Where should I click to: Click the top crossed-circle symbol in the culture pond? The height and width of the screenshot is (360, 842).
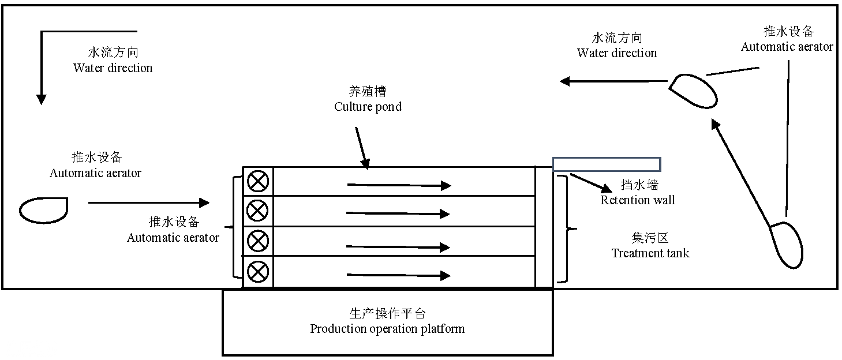point(258,182)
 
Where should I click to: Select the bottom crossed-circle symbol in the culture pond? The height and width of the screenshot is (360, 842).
point(258,271)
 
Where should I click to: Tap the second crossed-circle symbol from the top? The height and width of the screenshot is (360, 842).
point(258,211)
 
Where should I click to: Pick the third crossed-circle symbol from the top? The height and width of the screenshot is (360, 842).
point(258,241)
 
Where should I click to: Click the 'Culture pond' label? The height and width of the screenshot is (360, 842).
point(368,107)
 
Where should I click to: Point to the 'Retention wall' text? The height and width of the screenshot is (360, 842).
point(637,200)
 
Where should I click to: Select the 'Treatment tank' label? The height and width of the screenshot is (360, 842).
point(650,253)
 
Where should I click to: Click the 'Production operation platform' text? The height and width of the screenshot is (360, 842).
point(387,329)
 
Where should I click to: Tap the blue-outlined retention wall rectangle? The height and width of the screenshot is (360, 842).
point(607,164)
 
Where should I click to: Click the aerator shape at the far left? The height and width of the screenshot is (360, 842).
point(44,210)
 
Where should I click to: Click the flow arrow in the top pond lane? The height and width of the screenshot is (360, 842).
point(398,185)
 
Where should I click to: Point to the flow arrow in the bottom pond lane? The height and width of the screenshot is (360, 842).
point(398,276)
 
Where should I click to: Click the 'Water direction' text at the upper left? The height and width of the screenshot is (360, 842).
point(113,68)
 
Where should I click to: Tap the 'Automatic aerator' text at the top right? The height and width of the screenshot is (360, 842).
point(787,47)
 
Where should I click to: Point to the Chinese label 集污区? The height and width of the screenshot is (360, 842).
point(650,238)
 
